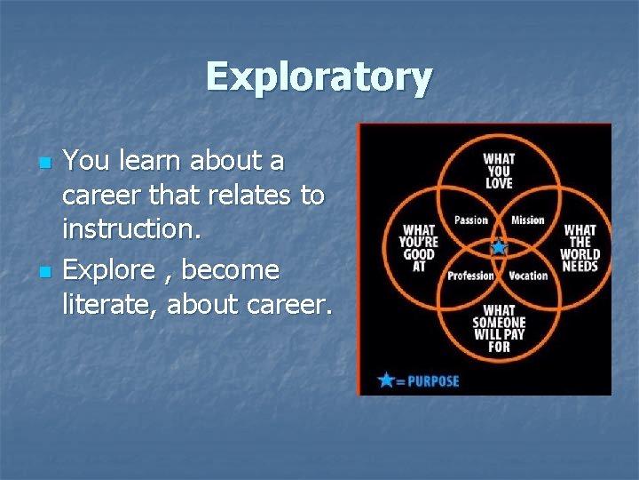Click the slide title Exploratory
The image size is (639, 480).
(319, 77)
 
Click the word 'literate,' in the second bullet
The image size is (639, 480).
(111, 305)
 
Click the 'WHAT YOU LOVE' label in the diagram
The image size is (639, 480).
(499, 171)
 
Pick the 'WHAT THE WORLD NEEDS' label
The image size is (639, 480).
(580, 248)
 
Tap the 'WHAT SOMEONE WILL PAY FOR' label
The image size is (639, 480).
(499, 328)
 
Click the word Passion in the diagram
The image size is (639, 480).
(471, 220)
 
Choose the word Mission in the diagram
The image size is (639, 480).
(528, 220)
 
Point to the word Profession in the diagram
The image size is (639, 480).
(470, 276)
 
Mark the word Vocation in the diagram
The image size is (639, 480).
(528, 276)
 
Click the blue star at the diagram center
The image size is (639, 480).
(499, 247)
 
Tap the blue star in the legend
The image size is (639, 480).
(386, 380)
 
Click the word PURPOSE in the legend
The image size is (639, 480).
(432, 381)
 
